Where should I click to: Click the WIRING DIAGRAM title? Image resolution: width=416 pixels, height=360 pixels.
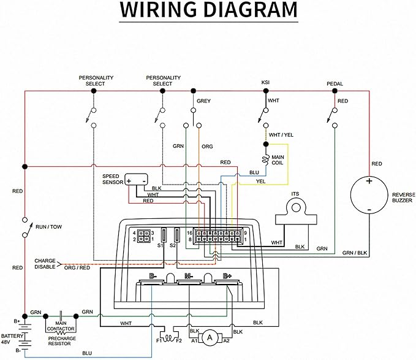208,12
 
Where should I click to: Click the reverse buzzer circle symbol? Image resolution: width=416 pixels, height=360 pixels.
369,196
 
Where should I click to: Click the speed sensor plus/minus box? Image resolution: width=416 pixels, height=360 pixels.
137,180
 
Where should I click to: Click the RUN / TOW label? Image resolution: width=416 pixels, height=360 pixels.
48,227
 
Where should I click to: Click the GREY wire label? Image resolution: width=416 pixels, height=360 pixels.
203,101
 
